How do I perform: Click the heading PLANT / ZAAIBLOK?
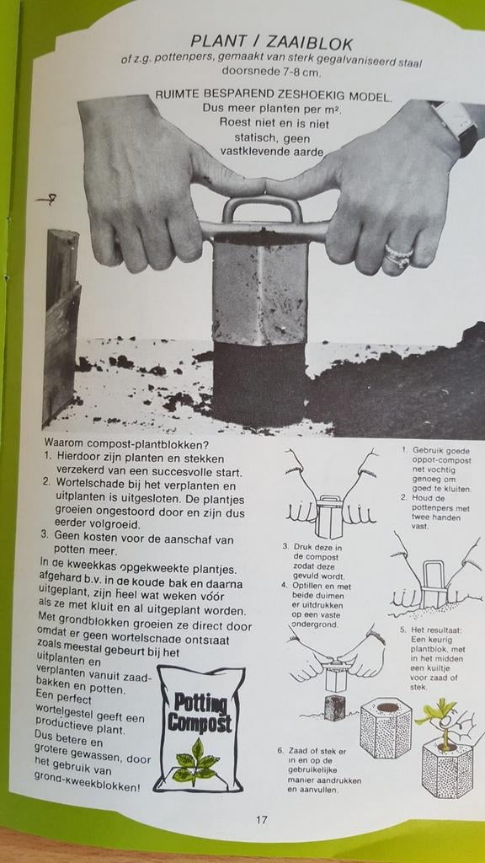click(x=271, y=42)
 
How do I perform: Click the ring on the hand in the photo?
click(x=398, y=254)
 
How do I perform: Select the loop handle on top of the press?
click(x=262, y=208)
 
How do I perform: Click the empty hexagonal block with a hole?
click(x=385, y=726)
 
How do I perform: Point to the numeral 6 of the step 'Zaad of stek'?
click(x=280, y=750)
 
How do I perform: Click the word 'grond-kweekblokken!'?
click(x=88, y=786)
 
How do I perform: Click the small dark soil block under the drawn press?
click(x=334, y=707)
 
